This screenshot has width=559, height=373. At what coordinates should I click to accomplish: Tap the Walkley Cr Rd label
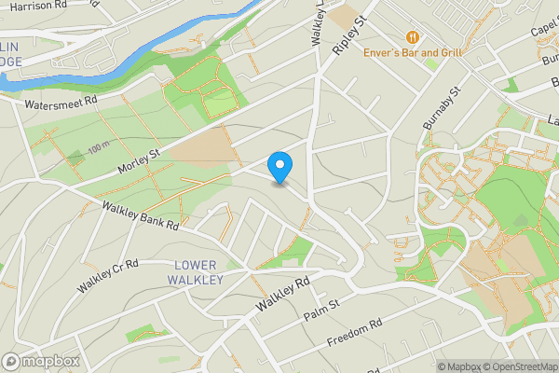108,275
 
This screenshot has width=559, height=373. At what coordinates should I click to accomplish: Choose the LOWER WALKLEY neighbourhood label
195,272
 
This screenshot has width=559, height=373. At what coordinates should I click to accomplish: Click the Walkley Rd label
283,294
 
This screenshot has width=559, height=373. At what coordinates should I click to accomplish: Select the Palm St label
322,310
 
